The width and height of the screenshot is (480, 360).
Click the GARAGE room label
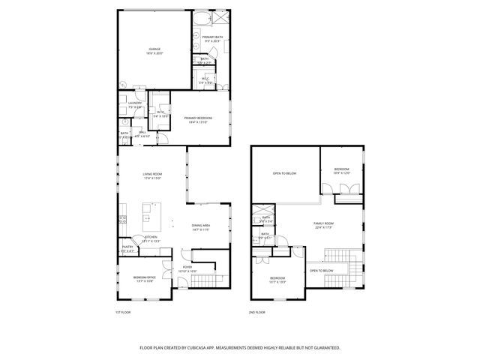tap(154, 49)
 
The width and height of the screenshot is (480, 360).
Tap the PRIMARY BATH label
tap(212, 37)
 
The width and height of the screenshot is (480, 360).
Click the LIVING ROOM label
tap(152, 174)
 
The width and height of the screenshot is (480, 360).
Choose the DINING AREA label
tap(200, 225)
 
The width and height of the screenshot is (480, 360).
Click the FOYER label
tap(187, 266)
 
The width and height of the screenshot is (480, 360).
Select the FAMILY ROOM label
tap(323, 223)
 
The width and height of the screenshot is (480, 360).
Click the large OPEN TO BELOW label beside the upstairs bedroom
tap(284, 173)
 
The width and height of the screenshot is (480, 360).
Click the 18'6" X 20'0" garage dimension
tap(154, 53)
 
